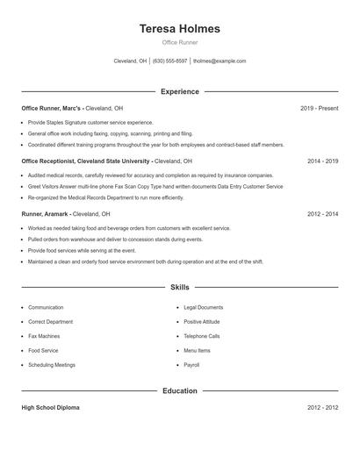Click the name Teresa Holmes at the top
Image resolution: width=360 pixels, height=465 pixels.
(180, 29)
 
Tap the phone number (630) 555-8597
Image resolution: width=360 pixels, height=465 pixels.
(169, 61)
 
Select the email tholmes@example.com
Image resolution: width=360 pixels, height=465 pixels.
(220, 61)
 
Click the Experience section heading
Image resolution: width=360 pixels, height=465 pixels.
(180, 91)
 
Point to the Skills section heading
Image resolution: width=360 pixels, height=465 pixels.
(180, 287)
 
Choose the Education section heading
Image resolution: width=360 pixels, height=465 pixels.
(180, 390)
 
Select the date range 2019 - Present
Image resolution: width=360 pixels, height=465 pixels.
(319, 108)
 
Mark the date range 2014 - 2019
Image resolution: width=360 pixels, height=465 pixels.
(322, 161)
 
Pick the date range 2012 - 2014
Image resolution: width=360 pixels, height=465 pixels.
(322, 214)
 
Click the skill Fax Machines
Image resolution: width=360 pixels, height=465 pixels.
(44, 336)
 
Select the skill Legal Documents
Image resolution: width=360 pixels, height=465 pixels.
(203, 308)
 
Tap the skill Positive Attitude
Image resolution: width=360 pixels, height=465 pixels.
(203, 322)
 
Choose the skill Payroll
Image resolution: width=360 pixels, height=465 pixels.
(191, 364)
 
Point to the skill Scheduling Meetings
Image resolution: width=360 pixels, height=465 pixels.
(52, 364)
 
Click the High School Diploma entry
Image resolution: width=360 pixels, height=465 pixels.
(51, 408)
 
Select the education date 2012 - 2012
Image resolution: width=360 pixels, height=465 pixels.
(322, 408)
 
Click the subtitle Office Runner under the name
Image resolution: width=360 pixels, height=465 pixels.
(180, 43)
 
